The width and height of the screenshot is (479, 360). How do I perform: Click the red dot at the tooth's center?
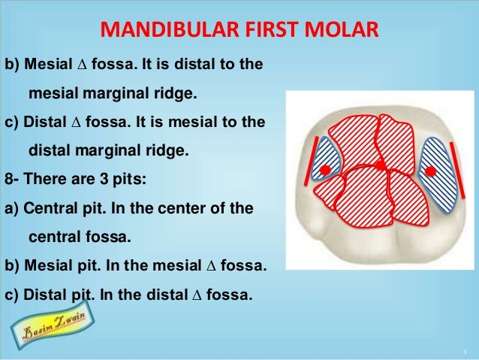(x=380, y=165)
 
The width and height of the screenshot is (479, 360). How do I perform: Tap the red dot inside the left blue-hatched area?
(x=324, y=171)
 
